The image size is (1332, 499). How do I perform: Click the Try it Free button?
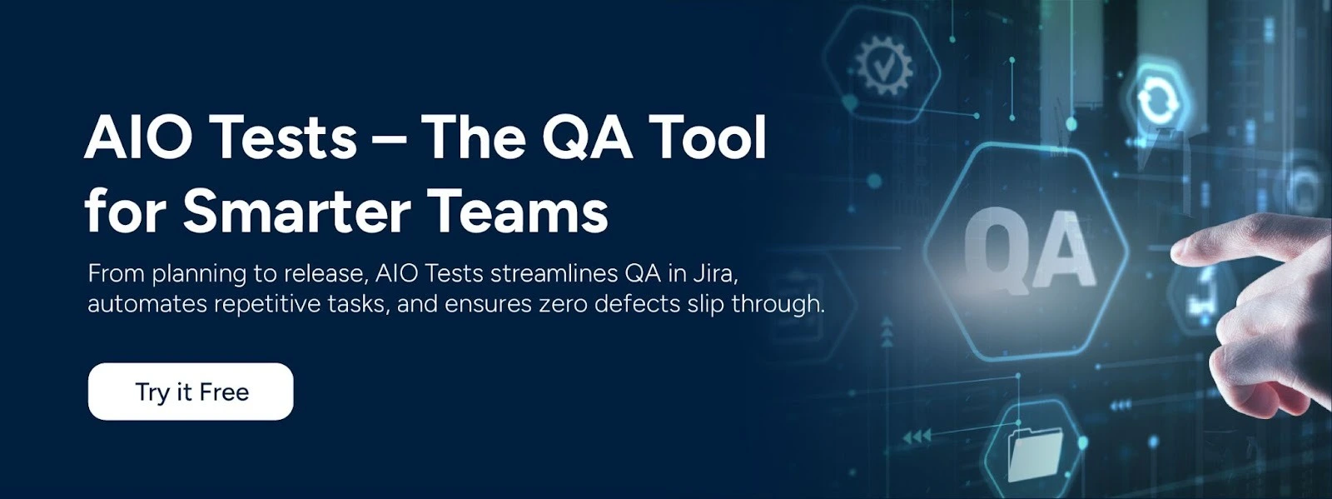click(191, 392)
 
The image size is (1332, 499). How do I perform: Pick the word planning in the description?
click(199, 275)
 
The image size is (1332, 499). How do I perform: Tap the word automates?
click(147, 304)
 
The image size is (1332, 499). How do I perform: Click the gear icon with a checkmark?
click(884, 63)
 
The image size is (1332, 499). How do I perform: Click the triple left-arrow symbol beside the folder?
click(917, 437)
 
